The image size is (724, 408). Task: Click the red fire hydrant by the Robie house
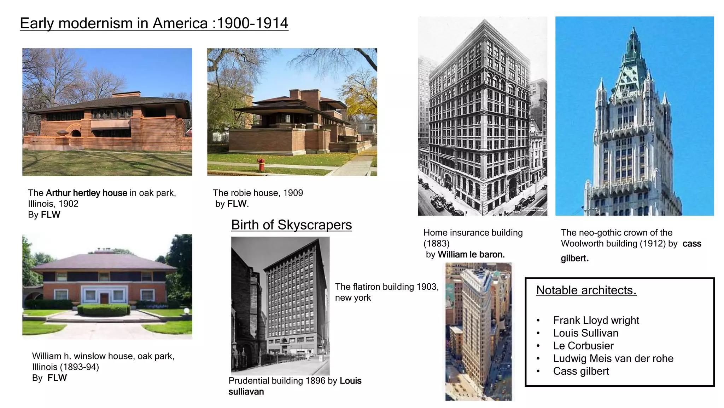pos(261,164)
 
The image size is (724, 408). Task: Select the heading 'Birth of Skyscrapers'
pos(291,225)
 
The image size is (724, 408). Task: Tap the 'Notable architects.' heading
pos(586,290)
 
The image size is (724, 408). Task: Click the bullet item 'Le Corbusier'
pos(583,346)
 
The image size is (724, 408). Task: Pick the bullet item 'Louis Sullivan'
pos(586,333)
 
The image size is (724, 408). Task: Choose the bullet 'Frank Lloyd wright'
pos(596,320)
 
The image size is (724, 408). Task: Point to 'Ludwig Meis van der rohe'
pos(613,358)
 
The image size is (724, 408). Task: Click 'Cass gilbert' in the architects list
pos(581,371)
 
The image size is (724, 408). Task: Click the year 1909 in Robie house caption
pos(293,193)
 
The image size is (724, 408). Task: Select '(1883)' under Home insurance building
pos(437,244)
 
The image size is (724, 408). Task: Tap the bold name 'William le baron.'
pos(471,255)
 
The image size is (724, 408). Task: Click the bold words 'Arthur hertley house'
pos(87,193)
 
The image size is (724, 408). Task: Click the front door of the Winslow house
pos(104,298)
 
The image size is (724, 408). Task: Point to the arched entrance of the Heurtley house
pos(76,134)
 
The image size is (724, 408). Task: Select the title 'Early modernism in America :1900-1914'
pos(154,23)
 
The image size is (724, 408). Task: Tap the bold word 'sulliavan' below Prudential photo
pos(246,392)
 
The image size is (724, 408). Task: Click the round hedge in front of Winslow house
pos(104,310)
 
